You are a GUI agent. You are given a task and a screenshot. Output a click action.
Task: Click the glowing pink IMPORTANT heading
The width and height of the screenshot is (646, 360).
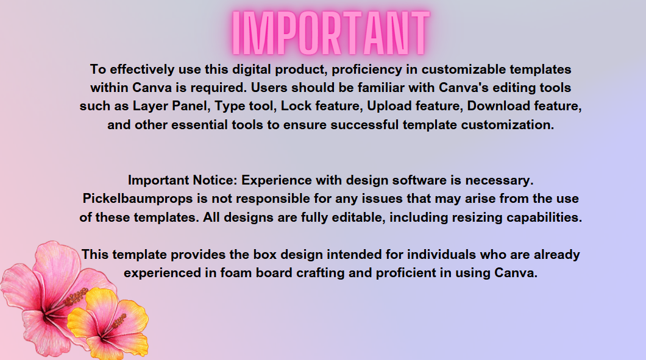pyautogui.click(x=331, y=33)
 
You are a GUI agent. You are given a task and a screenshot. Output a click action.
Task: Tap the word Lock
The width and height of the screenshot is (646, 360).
pyautogui.click(x=296, y=106)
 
